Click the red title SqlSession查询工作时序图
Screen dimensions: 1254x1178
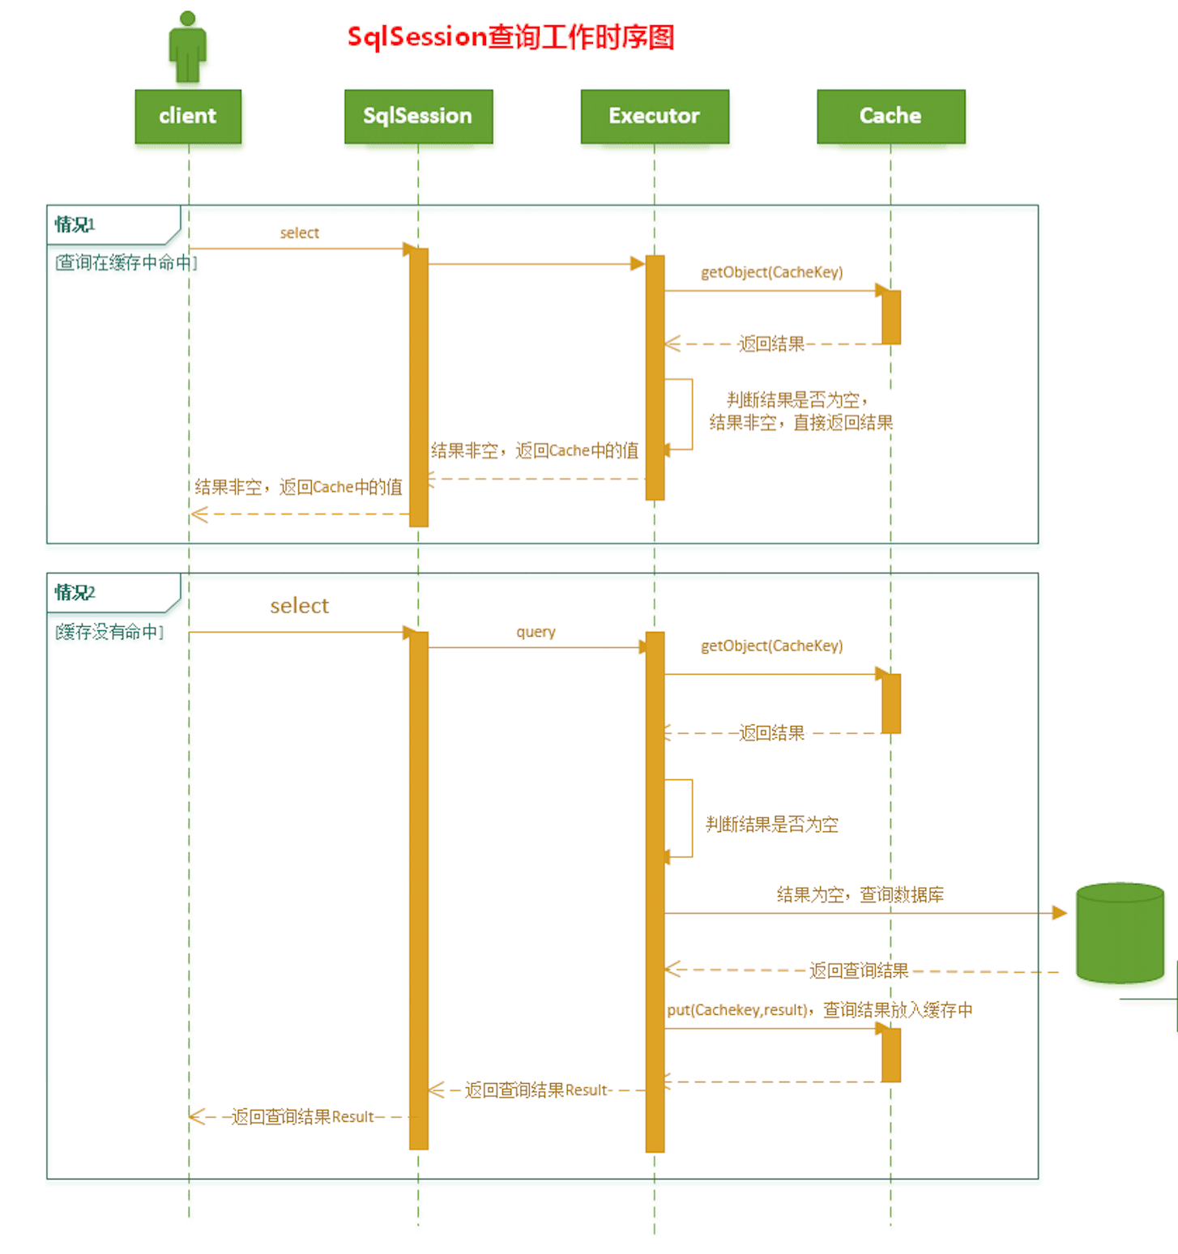pos(510,37)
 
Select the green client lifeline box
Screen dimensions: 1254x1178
pos(188,116)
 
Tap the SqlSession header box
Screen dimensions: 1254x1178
pos(418,116)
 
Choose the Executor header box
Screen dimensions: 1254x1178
pos(655,116)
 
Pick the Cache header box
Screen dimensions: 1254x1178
pos(890,116)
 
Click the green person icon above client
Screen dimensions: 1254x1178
pos(188,47)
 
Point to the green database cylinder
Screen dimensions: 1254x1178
pos(1120,932)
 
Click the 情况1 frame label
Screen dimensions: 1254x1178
pos(75,224)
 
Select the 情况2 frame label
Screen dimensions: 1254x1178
pos(75,592)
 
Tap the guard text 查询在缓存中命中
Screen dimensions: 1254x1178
pos(126,262)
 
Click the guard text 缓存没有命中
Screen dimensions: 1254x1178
pos(110,632)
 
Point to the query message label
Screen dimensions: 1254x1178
pos(536,632)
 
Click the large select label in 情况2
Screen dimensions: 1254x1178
pos(299,606)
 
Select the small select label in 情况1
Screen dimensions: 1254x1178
pos(299,233)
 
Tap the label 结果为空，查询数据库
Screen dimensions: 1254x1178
pos(860,894)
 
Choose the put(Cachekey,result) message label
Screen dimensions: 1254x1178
pos(819,1010)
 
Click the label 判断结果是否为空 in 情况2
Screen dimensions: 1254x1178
pos(771,825)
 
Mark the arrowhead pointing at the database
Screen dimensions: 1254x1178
pos(1059,913)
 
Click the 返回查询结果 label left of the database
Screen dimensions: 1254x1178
pos(859,970)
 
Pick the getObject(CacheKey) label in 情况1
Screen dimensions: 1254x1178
pos(771,272)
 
